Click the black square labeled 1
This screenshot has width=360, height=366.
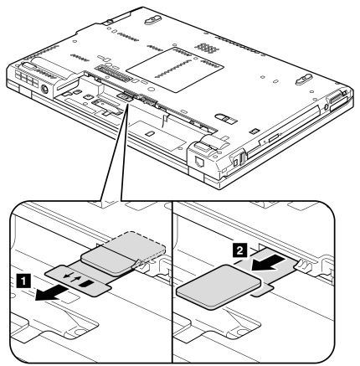24,281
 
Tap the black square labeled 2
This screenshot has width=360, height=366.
239,250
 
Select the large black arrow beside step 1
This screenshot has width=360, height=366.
52,294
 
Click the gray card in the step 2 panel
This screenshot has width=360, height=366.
219,287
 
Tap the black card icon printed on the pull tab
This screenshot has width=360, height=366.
85,284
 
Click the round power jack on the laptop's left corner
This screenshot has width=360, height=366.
44,90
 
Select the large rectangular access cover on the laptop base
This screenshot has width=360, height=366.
175,69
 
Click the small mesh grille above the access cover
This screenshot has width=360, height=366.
207,48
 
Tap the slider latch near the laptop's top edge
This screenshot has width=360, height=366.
152,20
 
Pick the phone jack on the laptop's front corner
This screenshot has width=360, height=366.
199,162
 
